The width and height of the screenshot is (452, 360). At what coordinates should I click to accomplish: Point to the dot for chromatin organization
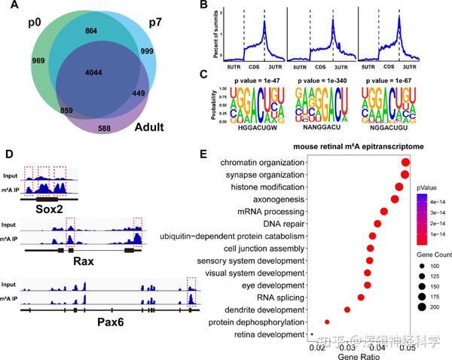tap(406, 163)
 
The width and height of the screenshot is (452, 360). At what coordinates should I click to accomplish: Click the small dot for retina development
tap(312, 334)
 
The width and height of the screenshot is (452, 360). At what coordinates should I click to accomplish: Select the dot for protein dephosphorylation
tap(327, 322)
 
